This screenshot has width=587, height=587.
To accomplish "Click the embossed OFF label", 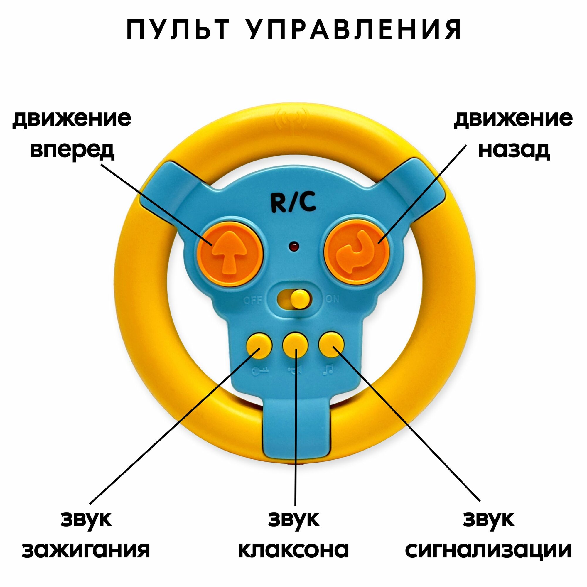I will [253, 301].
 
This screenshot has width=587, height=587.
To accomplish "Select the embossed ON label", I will [333, 299].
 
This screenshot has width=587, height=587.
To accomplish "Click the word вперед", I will [72, 150].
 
